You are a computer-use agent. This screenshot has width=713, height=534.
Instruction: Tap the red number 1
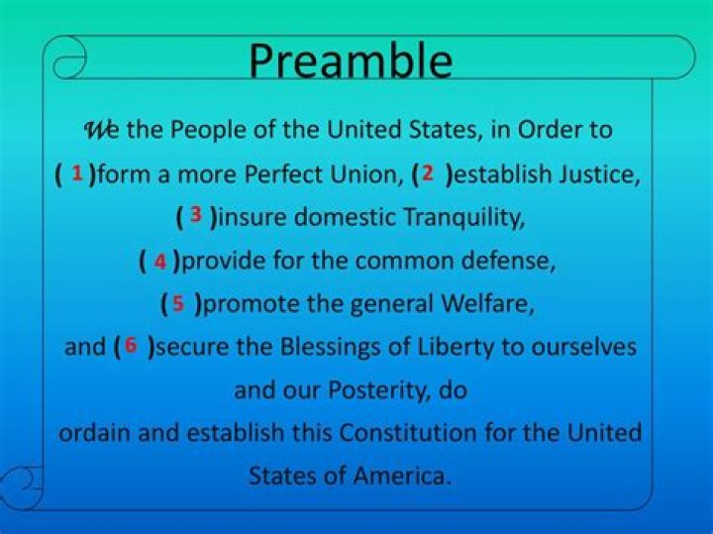coord(77,173)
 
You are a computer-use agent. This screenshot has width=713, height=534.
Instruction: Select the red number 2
coord(427,173)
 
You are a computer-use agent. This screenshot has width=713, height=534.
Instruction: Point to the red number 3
coord(196,215)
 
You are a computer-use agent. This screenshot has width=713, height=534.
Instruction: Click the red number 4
coord(159,262)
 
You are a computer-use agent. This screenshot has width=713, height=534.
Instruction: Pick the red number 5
coord(178,303)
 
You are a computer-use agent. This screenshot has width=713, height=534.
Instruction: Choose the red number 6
coord(131,346)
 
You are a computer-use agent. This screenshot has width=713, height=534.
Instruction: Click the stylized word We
coord(101,130)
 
